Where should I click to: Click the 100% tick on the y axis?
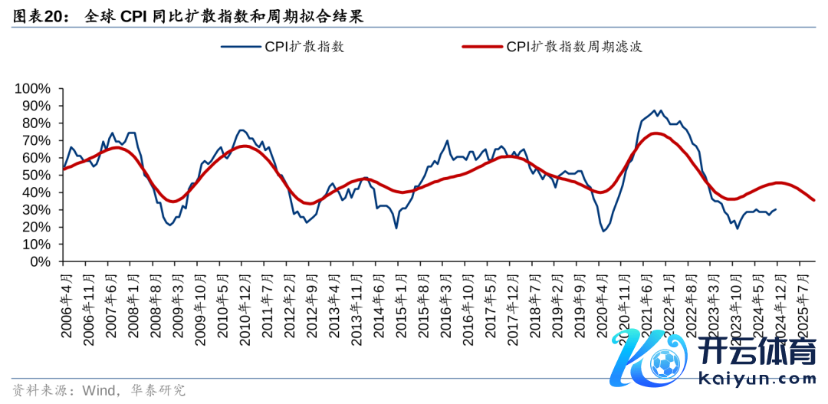click(32, 89)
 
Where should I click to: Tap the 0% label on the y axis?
click(40, 261)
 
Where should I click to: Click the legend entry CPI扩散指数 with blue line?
click(304, 47)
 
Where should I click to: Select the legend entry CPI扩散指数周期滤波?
click(573, 47)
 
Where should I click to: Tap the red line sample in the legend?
click(481, 47)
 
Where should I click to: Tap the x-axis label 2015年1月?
click(399, 303)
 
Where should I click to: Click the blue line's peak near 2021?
click(655, 110)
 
